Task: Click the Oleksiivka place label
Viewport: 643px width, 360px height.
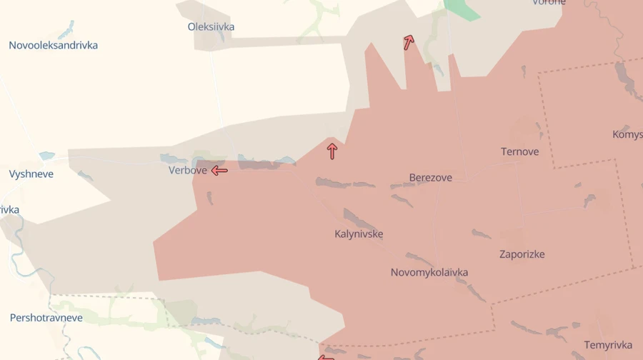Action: click(211, 27)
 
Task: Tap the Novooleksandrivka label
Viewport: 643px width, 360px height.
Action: click(54, 46)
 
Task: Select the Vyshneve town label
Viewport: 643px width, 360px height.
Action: click(31, 174)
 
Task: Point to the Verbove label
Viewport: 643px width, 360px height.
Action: click(188, 170)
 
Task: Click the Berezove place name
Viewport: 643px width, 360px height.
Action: click(430, 178)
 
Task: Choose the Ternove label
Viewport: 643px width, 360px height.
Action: click(519, 152)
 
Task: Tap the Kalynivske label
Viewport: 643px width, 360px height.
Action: click(359, 234)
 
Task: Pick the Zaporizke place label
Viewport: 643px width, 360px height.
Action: click(522, 254)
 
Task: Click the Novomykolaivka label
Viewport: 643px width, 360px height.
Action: click(429, 273)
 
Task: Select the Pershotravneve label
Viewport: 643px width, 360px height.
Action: click(46, 318)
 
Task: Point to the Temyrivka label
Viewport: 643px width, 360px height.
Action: click(608, 345)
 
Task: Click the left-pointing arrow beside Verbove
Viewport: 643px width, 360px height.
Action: click(219, 171)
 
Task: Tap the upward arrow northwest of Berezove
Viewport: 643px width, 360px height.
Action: click(332, 151)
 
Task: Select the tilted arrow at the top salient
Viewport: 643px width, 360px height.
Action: click(409, 42)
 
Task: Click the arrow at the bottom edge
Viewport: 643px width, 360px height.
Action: click(326, 357)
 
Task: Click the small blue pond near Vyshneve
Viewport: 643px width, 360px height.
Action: click(47, 155)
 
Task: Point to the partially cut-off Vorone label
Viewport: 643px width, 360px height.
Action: click(549, 3)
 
